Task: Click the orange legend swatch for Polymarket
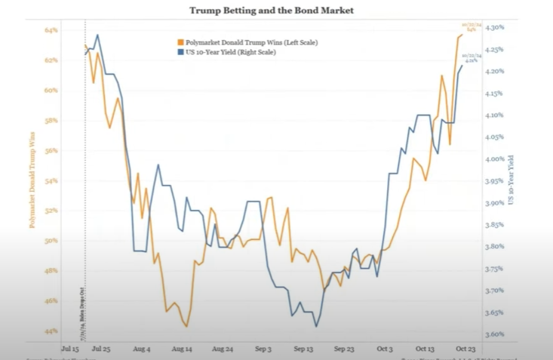180,43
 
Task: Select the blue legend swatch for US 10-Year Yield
180,52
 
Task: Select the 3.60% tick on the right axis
493,334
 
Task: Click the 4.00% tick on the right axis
493,159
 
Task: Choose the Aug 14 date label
183,349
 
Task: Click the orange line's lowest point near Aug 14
186,326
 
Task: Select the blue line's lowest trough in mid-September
316,326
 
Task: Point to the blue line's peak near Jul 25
97,35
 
